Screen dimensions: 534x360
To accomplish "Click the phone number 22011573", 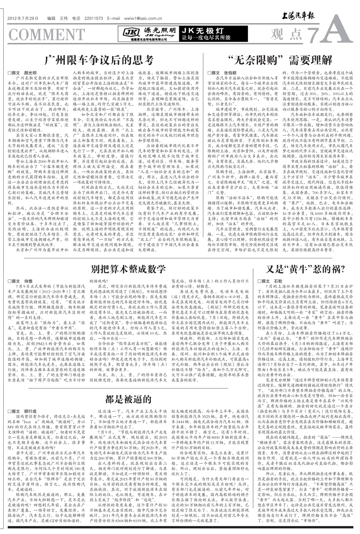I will [x=94, y=19].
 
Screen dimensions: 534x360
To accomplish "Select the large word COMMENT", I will [x=47, y=35].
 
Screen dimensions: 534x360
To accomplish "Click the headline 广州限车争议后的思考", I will [x=99, y=60].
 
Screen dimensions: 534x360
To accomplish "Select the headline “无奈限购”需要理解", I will [x=280, y=60].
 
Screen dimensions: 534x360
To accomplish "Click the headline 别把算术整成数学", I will [x=128, y=269].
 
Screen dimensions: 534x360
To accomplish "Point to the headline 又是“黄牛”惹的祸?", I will [x=305, y=269].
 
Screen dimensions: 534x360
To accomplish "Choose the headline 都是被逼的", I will [x=128, y=399].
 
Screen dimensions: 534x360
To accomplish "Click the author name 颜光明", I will [x=30, y=73].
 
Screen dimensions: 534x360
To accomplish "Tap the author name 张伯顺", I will [x=230, y=73].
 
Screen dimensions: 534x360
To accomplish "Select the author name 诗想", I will [x=28, y=281].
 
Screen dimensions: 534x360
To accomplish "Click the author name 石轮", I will [x=278, y=281].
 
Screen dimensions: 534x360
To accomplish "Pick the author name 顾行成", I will [x=30, y=411].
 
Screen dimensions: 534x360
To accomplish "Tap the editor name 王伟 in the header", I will [x=64, y=19].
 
